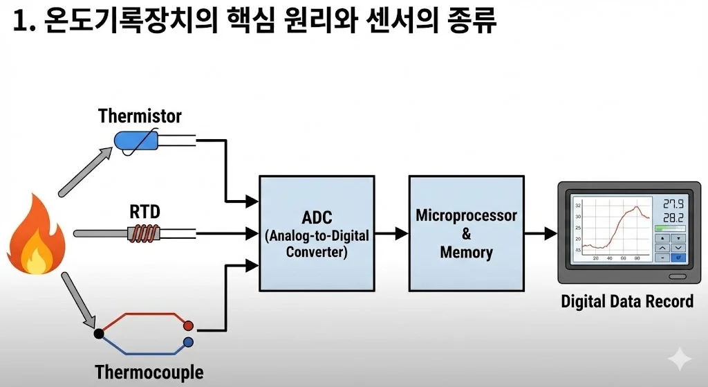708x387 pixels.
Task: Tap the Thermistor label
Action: click(140, 116)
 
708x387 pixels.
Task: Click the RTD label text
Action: click(145, 211)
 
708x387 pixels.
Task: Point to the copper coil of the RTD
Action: click(145, 234)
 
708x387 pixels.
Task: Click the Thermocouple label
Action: click(149, 372)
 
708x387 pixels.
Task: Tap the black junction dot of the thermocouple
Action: click(99, 334)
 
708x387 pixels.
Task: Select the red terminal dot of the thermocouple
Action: click(188, 325)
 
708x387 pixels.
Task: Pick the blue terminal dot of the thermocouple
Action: click(188, 342)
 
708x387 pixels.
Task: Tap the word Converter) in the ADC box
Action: click(317, 251)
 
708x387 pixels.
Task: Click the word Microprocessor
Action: click(466, 215)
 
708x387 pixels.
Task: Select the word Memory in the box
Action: click(466, 252)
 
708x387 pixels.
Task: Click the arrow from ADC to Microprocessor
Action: click(391, 234)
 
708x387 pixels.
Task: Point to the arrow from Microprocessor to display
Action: click(541, 234)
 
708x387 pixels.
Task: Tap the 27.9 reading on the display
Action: click(673, 204)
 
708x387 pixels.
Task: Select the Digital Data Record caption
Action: click(626, 302)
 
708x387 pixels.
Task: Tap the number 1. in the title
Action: click(24, 22)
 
